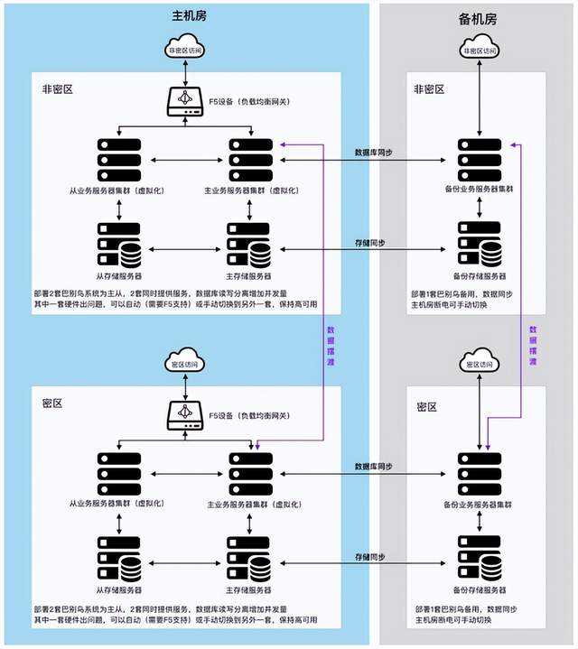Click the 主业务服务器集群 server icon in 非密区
(249, 160)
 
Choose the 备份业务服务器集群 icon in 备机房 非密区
(479, 160)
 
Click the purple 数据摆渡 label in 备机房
(533, 346)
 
